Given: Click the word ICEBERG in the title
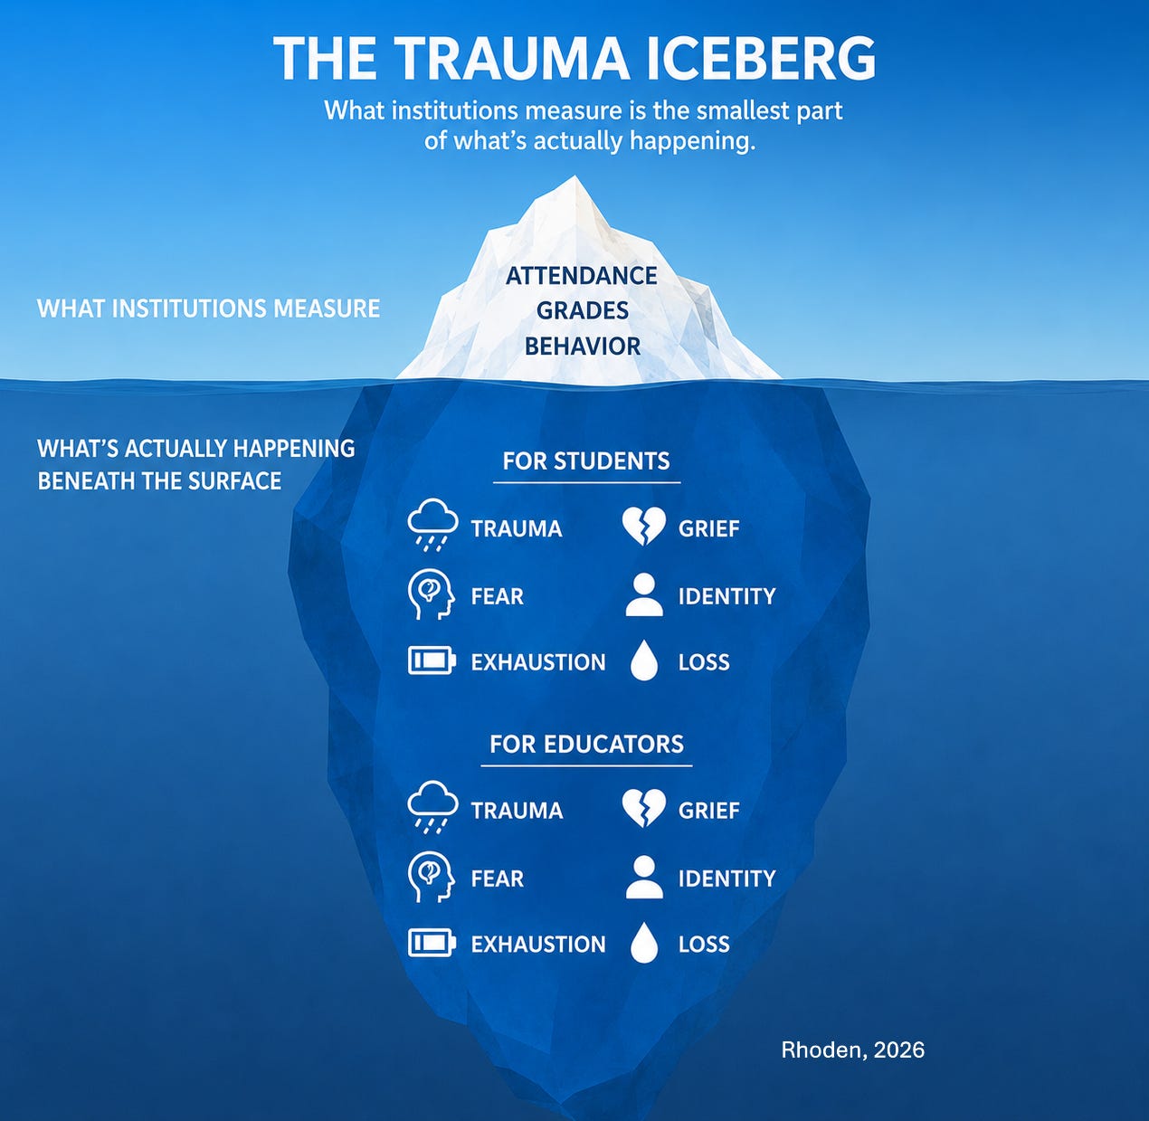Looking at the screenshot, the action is coord(760,58).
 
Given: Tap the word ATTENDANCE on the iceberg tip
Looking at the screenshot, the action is coord(582,276).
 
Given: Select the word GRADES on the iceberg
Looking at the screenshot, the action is coord(582,310).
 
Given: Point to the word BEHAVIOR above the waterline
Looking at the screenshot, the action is coord(582,347).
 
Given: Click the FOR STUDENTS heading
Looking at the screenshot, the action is coord(586,461).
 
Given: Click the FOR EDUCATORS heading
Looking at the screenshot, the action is coord(586,744).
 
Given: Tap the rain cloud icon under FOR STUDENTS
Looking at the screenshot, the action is coord(432,525).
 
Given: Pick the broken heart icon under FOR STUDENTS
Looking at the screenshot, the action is coord(643,526).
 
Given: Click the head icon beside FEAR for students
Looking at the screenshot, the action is coord(432,594).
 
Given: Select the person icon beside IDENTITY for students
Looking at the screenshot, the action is coord(643,594).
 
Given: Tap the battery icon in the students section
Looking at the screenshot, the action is coord(432,660).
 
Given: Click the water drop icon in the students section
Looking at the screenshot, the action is coord(644,661).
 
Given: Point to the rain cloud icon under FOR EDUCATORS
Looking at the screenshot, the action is coord(432,807).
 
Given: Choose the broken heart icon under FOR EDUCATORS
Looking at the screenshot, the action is coord(643,808).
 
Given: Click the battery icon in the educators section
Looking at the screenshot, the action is coord(432,943).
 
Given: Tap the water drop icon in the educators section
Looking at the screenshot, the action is coord(644,944).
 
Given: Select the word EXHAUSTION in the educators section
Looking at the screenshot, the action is coord(538,944).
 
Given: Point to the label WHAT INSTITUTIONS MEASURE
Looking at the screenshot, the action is coord(208,309).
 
